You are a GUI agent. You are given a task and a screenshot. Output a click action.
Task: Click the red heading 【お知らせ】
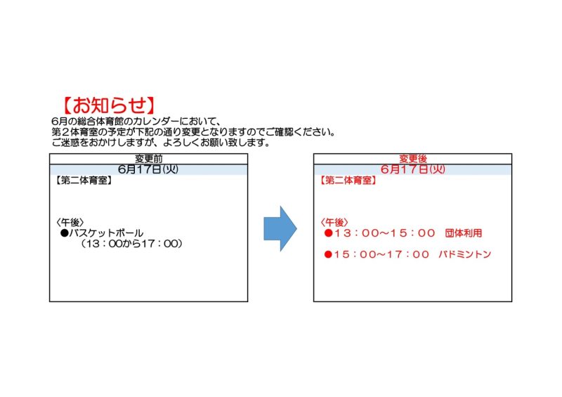tap(109, 105)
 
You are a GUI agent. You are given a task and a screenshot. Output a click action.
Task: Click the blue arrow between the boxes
tap(280, 228)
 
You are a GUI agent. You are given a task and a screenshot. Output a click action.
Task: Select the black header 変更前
tap(148, 159)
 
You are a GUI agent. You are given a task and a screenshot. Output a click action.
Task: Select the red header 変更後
tap(413, 159)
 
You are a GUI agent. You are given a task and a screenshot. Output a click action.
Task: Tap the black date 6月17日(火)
tap(148, 169)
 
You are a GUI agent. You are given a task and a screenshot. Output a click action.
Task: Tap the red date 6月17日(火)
tap(412, 169)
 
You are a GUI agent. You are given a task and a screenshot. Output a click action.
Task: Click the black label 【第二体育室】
tap(84, 180)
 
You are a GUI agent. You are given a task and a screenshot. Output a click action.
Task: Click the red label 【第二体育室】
tap(348, 180)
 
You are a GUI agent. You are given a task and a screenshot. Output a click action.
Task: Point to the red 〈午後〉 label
tap(334, 222)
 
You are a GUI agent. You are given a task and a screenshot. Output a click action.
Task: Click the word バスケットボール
tap(106, 233)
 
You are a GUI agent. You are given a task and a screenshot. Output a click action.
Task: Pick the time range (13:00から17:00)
tap(131, 244)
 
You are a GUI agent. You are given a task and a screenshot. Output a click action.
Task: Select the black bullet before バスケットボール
tap(65, 233)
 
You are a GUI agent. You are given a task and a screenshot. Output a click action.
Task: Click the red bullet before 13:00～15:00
tap(328, 233)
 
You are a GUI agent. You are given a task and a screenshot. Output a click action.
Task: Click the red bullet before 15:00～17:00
tap(328, 254)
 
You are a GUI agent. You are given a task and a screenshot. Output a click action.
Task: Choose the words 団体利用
tap(464, 233)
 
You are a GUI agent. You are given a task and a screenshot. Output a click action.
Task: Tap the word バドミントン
tap(465, 254)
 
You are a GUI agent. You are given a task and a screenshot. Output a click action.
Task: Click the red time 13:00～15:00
tap(384, 233)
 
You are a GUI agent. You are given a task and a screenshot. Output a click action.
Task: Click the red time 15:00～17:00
tap(381, 254)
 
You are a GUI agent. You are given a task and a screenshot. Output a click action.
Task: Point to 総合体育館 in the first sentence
tap(97, 122)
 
